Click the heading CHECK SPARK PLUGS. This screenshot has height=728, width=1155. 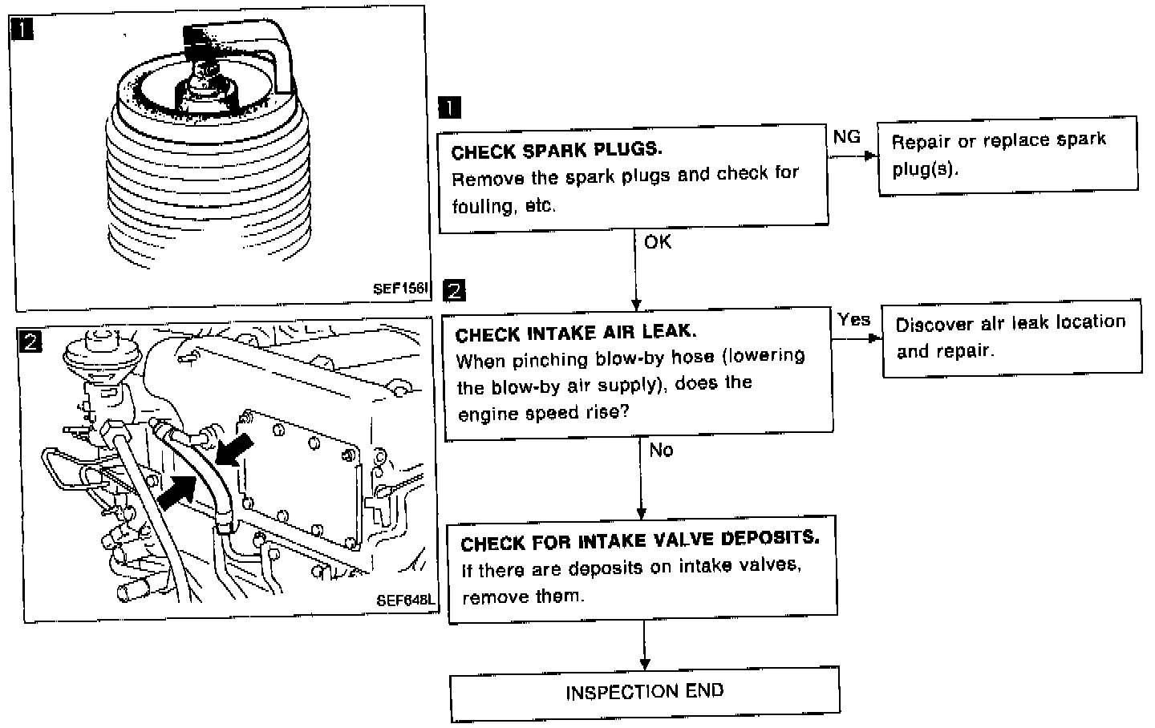pos(557,151)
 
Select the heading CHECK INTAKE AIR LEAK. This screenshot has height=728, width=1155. pos(575,332)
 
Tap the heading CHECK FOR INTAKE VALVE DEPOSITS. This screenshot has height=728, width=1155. pos(639,540)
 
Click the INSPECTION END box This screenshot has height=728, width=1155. pos(644,692)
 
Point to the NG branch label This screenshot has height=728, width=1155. pos(846,137)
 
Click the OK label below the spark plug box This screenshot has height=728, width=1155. pos(658,241)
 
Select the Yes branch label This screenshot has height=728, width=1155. pos(853,319)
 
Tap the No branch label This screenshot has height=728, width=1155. pos(661,450)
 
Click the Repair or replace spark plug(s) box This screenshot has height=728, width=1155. pos(1007,154)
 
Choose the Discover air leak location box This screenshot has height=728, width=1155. pos(1011,337)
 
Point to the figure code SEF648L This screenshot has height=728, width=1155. pos(404,599)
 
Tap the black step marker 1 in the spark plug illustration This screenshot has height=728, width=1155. pos(22,30)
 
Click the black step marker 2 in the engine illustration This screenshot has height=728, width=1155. pos(30,342)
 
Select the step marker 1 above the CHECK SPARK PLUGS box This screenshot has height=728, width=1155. pos(451,107)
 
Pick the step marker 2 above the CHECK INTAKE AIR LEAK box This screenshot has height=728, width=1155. pos(454,290)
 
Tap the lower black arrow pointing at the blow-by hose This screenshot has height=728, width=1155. pos(178,490)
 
